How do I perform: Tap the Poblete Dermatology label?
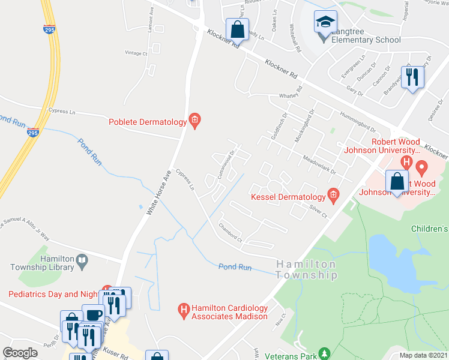[x=148, y=122]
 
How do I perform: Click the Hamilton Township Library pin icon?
[x=82, y=260]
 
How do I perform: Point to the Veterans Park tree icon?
[x=325, y=353]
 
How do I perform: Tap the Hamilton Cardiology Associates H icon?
[x=184, y=310]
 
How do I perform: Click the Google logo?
[x=20, y=353]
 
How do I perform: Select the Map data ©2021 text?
[x=423, y=355]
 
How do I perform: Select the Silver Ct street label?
[x=318, y=213]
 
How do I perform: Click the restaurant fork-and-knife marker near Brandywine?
[x=413, y=77]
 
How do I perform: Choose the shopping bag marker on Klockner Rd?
[x=237, y=29]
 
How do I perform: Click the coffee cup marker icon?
[x=93, y=315]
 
